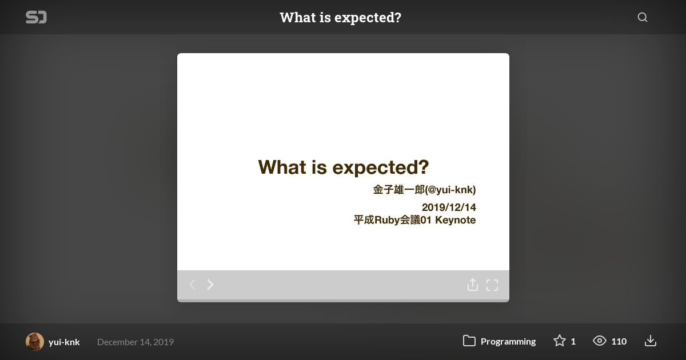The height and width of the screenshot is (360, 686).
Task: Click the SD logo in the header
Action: coord(36,17)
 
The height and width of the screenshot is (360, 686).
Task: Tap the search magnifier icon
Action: coord(642,17)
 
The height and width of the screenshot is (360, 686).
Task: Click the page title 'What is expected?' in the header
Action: coord(340,18)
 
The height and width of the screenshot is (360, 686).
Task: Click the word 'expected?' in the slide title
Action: coord(380,168)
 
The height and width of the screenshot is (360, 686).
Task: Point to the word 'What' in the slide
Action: coord(282,167)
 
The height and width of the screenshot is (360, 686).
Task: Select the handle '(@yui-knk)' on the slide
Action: coord(450,190)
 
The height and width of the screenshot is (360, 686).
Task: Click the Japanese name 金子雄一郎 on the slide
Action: coord(399,190)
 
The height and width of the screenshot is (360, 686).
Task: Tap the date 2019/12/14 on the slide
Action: coord(449,207)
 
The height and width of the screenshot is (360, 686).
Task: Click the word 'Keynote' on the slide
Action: coord(456,220)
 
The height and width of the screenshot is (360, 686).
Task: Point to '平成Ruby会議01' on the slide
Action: coord(393,220)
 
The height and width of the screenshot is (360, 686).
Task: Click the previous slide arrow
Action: coord(192,285)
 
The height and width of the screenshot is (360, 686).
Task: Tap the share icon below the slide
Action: coord(473,285)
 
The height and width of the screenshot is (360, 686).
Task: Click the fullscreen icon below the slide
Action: coord(492,285)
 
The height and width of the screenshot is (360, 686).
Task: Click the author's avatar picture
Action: coord(35,341)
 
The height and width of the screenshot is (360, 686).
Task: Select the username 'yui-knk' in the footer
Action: coord(64,342)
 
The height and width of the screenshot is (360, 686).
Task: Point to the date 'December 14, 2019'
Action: coord(135,342)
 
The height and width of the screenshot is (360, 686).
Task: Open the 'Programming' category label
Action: coord(508,341)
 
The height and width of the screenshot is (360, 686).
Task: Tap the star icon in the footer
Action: coord(560,341)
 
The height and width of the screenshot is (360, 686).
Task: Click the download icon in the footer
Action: coord(650,341)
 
